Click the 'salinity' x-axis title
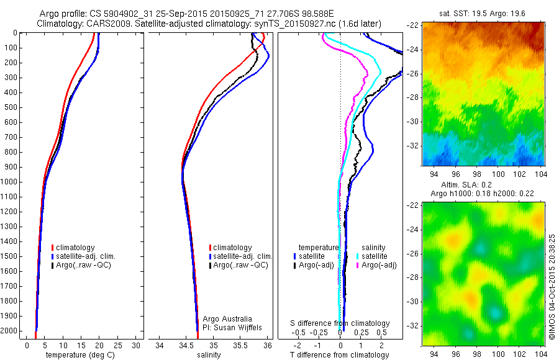click(212, 355)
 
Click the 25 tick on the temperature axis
click(117, 345)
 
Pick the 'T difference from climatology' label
click(340, 355)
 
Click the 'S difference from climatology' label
click(340, 323)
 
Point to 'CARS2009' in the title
click(114, 23)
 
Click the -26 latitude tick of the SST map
click(414, 74)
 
